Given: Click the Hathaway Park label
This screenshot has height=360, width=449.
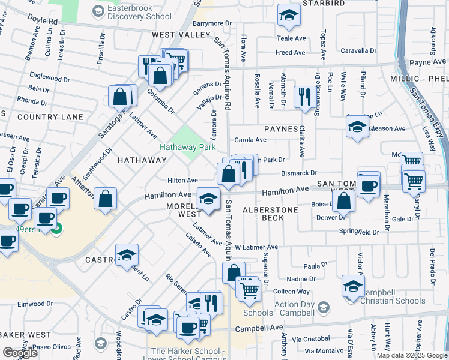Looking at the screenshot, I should tap(187, 147).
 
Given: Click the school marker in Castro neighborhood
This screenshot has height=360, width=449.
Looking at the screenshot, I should tap(127, 256).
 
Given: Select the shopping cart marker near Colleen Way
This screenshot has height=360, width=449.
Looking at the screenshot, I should tap(249, 290).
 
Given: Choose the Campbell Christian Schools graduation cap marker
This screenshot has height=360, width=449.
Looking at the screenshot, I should tap(353, 286).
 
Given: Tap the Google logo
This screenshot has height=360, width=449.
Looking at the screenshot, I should tap(20, 353).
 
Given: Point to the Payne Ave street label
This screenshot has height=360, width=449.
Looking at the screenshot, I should tap(426, 62).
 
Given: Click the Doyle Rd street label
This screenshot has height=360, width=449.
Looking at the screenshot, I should tap(44, 21).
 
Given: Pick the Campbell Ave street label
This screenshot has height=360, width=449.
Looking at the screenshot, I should tap(258, 329).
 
